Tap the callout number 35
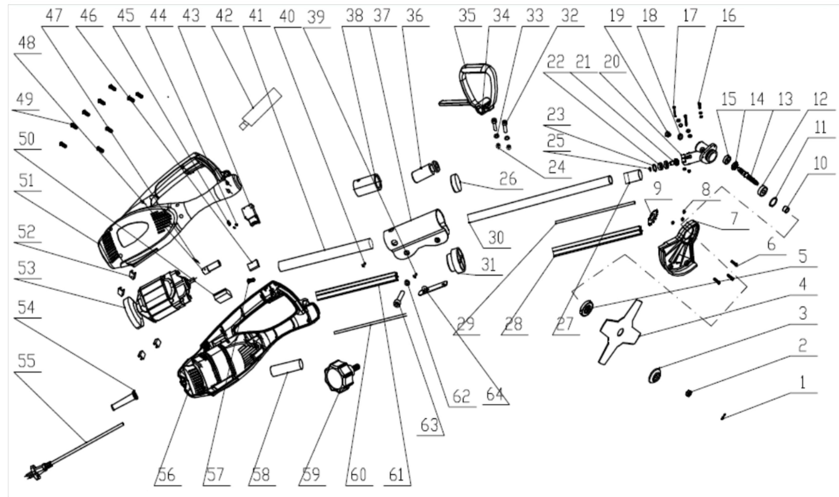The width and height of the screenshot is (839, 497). pyautogui.click(x=467, y=16)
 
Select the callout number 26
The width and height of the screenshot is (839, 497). pyautogui.click(x=508, y=180)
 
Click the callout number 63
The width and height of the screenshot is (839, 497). pyautogui.click(x=430, y=425)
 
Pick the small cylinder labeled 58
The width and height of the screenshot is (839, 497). pyautogui.click(x=287, y=368)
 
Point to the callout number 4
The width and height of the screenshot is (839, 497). pyautogui.click(x=802, y=285)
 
